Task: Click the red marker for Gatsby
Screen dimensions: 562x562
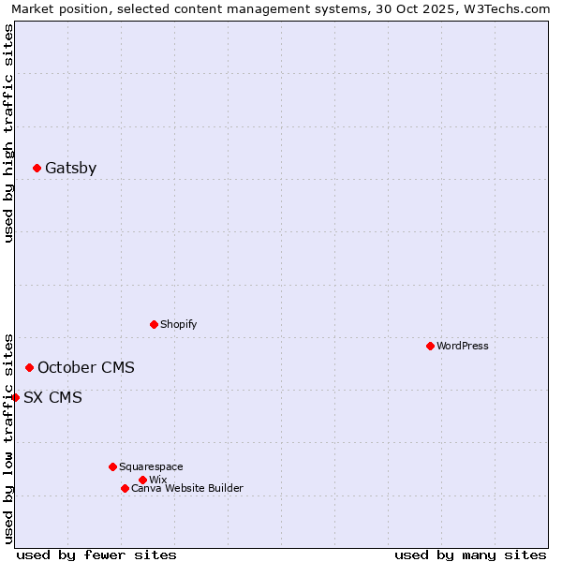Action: (37, 169)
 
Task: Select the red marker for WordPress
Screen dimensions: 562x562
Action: (430, 347)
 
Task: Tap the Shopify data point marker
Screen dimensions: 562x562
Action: (154, 325)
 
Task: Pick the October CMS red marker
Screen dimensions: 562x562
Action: (29, 368)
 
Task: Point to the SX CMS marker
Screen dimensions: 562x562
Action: (15, 398)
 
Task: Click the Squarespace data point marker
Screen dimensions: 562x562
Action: (112, 466)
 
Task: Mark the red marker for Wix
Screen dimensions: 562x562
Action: (142, 481)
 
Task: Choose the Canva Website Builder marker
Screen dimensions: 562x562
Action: (125, 489)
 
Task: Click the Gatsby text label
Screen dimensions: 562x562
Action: (70, 169)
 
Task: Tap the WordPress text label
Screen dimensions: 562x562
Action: (462, 347)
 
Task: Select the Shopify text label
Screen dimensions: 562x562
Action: (178, 325)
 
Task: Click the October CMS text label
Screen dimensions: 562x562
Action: (85, 368)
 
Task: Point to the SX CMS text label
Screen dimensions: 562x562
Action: (52, 398)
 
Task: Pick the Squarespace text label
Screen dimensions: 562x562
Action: (151, 466)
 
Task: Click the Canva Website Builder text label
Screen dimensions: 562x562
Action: (186, 489)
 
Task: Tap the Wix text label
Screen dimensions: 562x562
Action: (157, 481)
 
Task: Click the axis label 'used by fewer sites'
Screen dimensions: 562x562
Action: (96, 555)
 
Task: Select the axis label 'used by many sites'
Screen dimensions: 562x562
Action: (470, 555)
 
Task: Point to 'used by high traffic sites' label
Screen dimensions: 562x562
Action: (8, 133)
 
